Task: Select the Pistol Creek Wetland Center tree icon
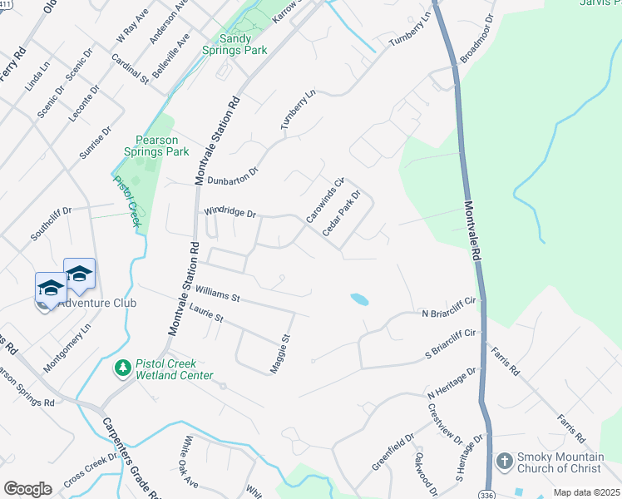point(122,367)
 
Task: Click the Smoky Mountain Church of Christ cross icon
point(503,461)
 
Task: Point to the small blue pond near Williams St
point(359,298)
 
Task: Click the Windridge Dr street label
point(230,213)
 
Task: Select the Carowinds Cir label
point(323,200)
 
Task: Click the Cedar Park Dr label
point(341,213)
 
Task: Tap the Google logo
point(27,488)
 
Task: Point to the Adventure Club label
point(96,303)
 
